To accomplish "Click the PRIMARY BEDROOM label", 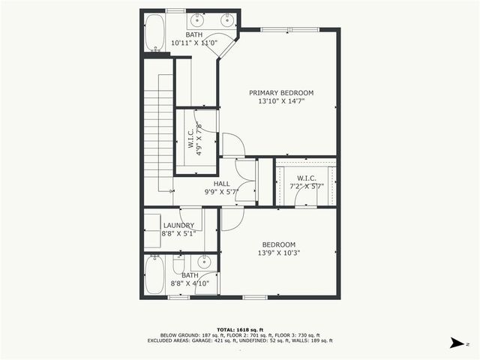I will point(281,93).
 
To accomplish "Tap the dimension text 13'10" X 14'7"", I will point(281,101).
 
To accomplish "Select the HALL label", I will point(222,183).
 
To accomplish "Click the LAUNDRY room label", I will point(178,225).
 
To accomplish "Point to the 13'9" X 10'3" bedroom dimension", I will point(278,253).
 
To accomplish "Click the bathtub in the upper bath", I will point(154,34).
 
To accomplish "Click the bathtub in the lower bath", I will point(155,276).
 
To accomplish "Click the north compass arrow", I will point(455,343).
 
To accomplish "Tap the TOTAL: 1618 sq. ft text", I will point(239,329).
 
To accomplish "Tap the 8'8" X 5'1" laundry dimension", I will point(178,233).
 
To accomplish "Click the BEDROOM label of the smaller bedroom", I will point(278,244).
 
